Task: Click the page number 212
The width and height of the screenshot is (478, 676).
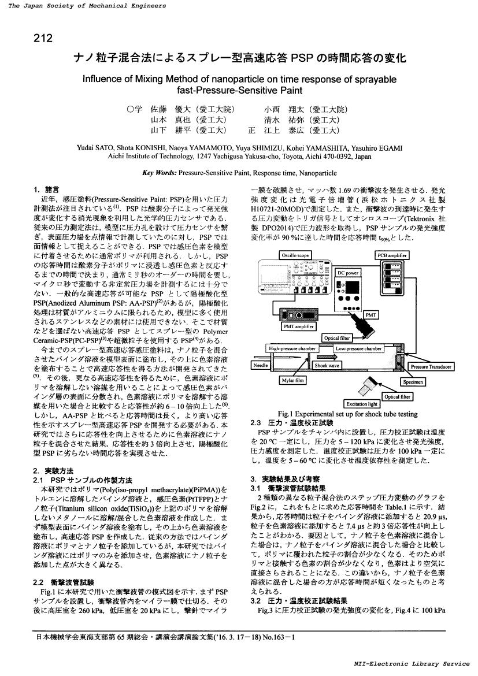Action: (x=43, y=39)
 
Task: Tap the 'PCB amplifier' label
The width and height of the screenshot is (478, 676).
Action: (x=391, y=255)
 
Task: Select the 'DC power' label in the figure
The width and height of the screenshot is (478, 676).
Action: (x=348, y=273)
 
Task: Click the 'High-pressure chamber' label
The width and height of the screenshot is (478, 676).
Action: (x=291, y=348)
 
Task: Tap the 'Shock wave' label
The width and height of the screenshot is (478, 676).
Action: (x=327, y=365)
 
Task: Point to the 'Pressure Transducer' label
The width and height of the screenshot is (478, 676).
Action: (x=431, y=366)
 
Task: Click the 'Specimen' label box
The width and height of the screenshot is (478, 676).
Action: (x=413, y=381)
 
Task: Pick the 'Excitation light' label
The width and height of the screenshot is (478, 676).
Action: (x=361, y=404)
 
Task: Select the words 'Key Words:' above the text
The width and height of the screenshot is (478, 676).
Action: (x=159, y=172)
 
